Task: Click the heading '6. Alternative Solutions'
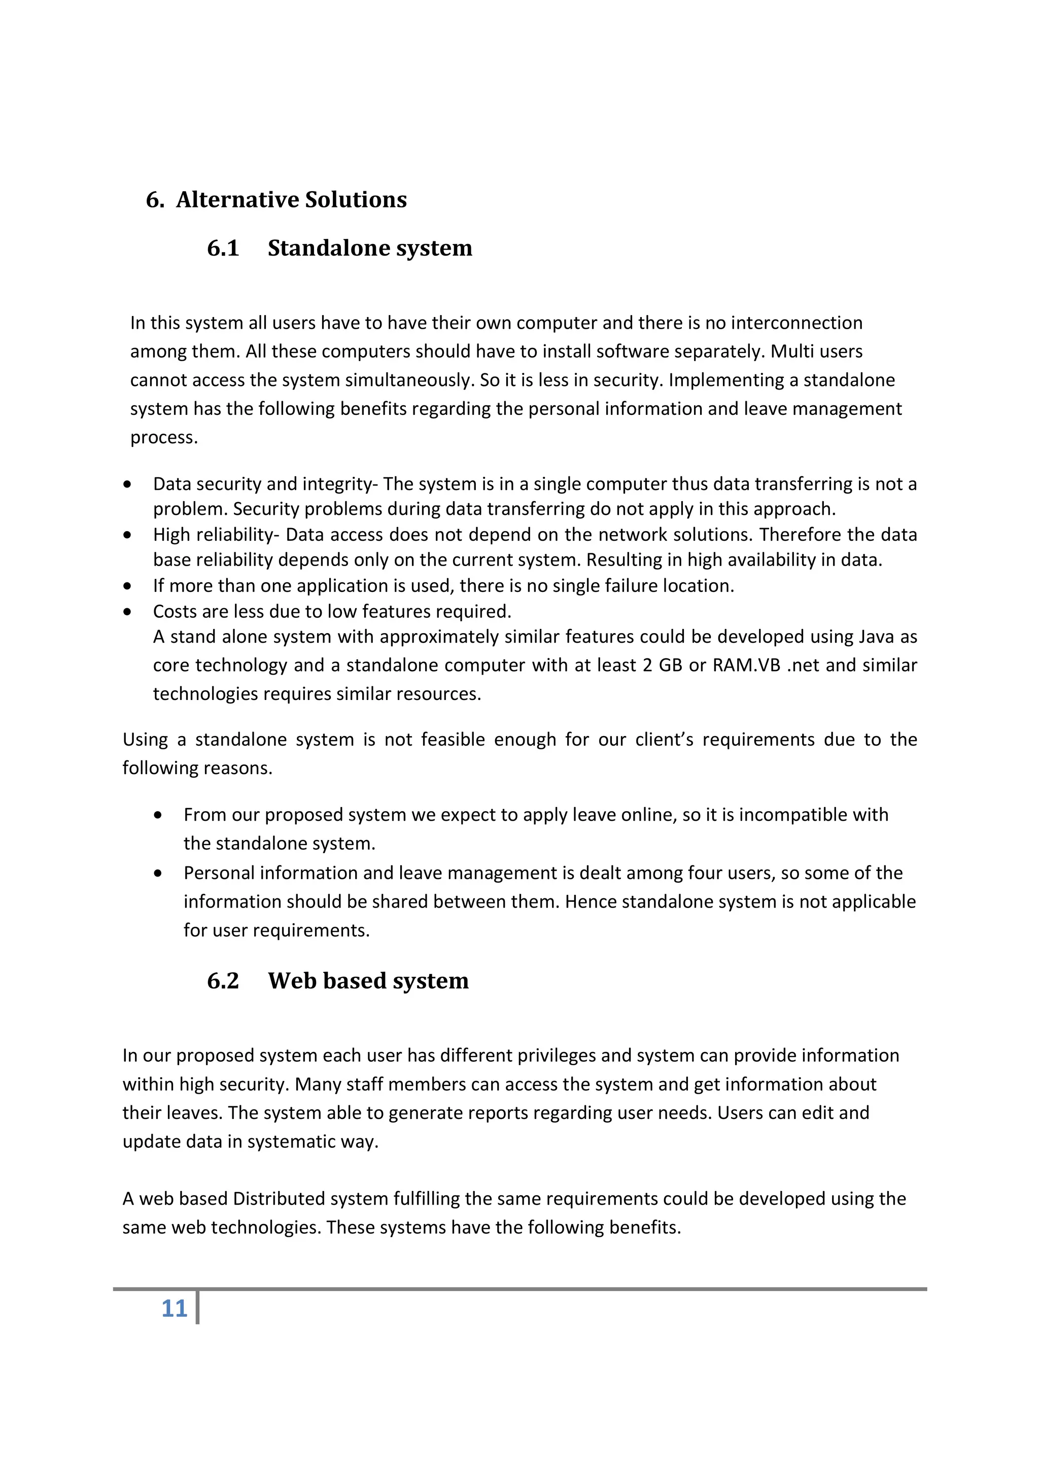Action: pyautogui.click(x=276, y=200)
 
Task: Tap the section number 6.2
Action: pyautogui.click(x=223, y=981)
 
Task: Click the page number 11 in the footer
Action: pyautogui.click(x=174, y=1308)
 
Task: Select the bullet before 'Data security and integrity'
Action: pyautogui.click(x=128, y=484)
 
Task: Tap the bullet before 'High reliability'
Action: pyautogui.click(x=128, y=535)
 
